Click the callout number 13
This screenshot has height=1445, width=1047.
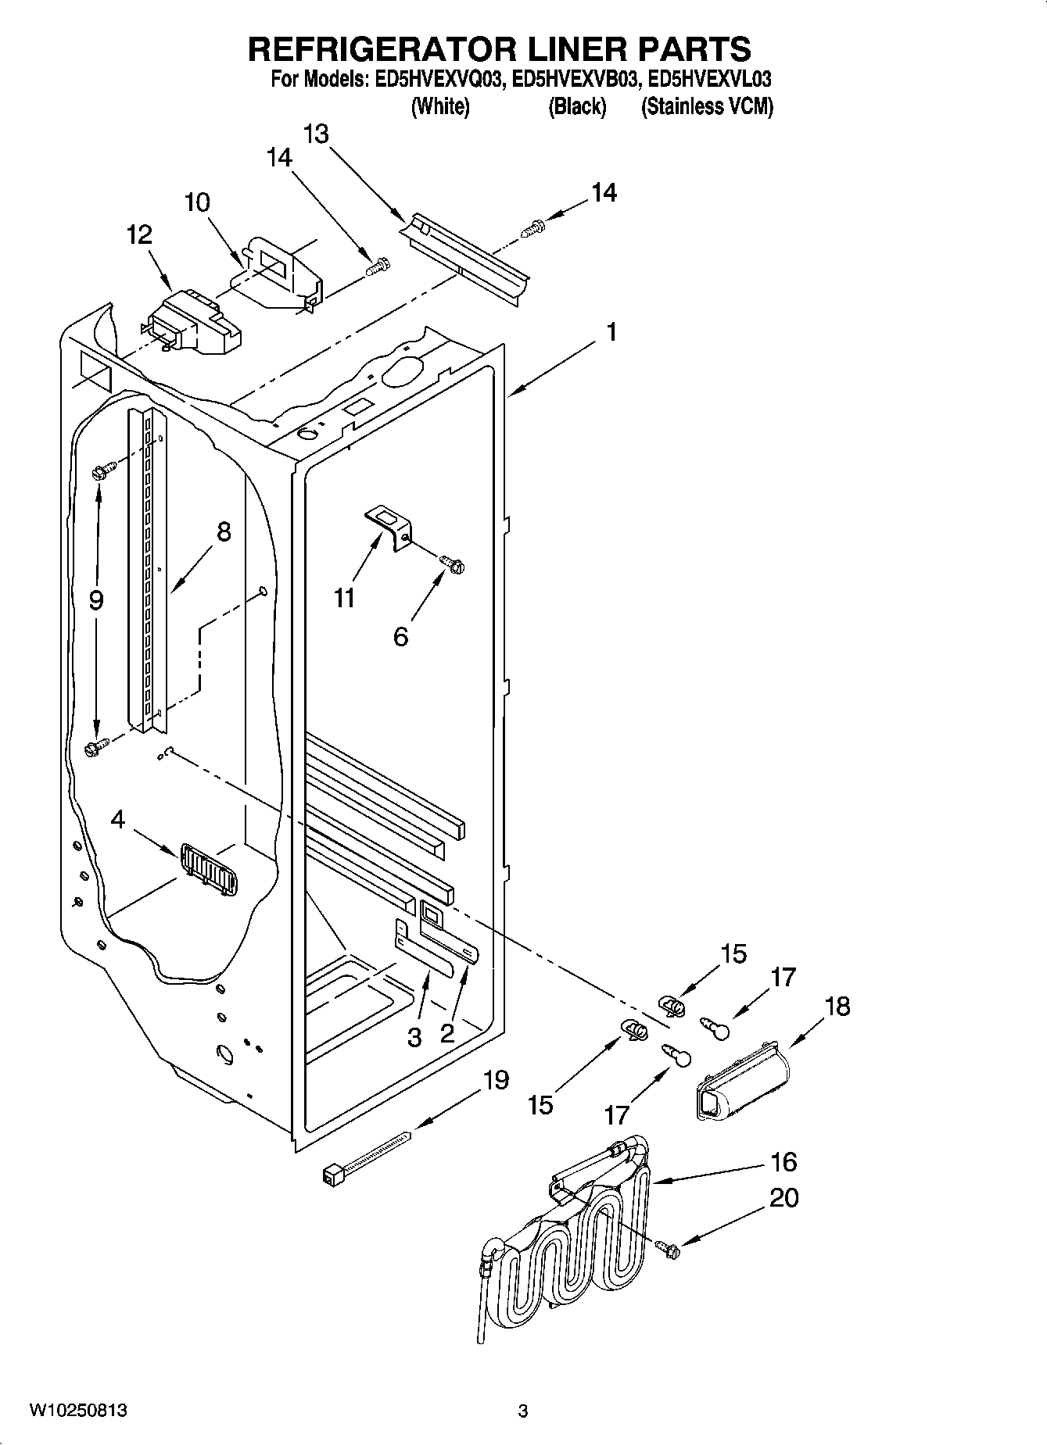coord(316,134)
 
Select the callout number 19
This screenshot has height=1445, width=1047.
coord(496,1081)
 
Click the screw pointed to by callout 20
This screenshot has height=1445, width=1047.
coord(669,1250)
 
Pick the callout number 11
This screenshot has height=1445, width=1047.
coord(345,598)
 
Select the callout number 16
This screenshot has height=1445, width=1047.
coord(783,1162)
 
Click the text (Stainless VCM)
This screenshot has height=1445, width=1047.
coord(707,107)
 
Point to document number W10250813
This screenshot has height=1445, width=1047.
coord(78,1411)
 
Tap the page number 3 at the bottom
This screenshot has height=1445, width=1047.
coord(523,1411)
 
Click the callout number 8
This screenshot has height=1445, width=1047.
coord(223,533)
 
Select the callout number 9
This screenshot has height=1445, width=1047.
coord(95,600)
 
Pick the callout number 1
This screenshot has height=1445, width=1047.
coord(611,332)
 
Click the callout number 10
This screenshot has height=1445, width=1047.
coord(197,203)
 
